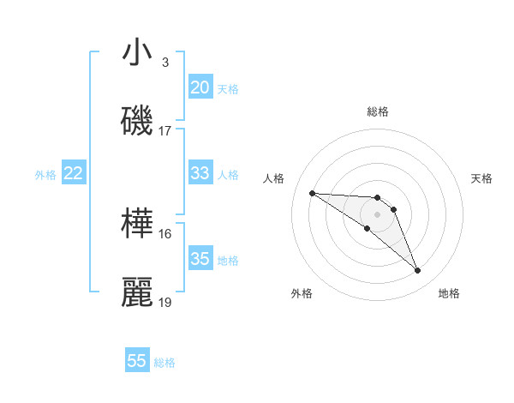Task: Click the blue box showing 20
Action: tap(200, 87)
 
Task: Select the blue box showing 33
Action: tap(200, 173)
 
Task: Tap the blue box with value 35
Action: tap(200, 259)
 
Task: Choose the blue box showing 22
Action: tap(74, 173)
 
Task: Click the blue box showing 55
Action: tap(137, 361)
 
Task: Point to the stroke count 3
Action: tap(165, 63)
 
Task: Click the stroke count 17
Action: tap(165, 131)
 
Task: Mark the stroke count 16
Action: tap(165, 233)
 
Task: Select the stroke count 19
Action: tap(165, 302)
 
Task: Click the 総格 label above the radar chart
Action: tap(378, 111)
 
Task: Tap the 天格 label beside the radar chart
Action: tap(482, 178)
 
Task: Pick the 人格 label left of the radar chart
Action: tap(274, 178)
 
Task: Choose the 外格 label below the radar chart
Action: tap(302, 293)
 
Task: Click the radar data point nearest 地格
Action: tap(418, 271)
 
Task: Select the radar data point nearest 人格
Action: tap(312, 193)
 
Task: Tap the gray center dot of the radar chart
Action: tap(377, 214)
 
